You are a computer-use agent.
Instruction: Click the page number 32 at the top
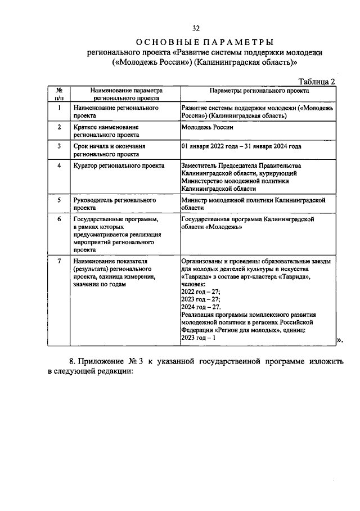click(196, 29)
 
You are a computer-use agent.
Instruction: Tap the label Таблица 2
click(316, 82)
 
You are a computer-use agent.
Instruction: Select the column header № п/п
click(58, 93)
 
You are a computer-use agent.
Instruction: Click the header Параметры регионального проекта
click(258, 89)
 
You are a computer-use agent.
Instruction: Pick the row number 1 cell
click(58, 107)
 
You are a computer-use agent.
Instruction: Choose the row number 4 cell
click(58, 165)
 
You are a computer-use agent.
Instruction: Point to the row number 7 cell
click(58, 262)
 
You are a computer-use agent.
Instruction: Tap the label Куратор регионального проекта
click(118, 165)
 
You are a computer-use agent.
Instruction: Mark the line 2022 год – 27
click(201, 292)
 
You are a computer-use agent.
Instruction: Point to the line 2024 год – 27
click(201, 307)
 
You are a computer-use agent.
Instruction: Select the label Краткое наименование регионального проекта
click(106, 131)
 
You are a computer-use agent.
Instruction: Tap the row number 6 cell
click(58, 219)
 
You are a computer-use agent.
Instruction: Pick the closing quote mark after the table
click(339, 339)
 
